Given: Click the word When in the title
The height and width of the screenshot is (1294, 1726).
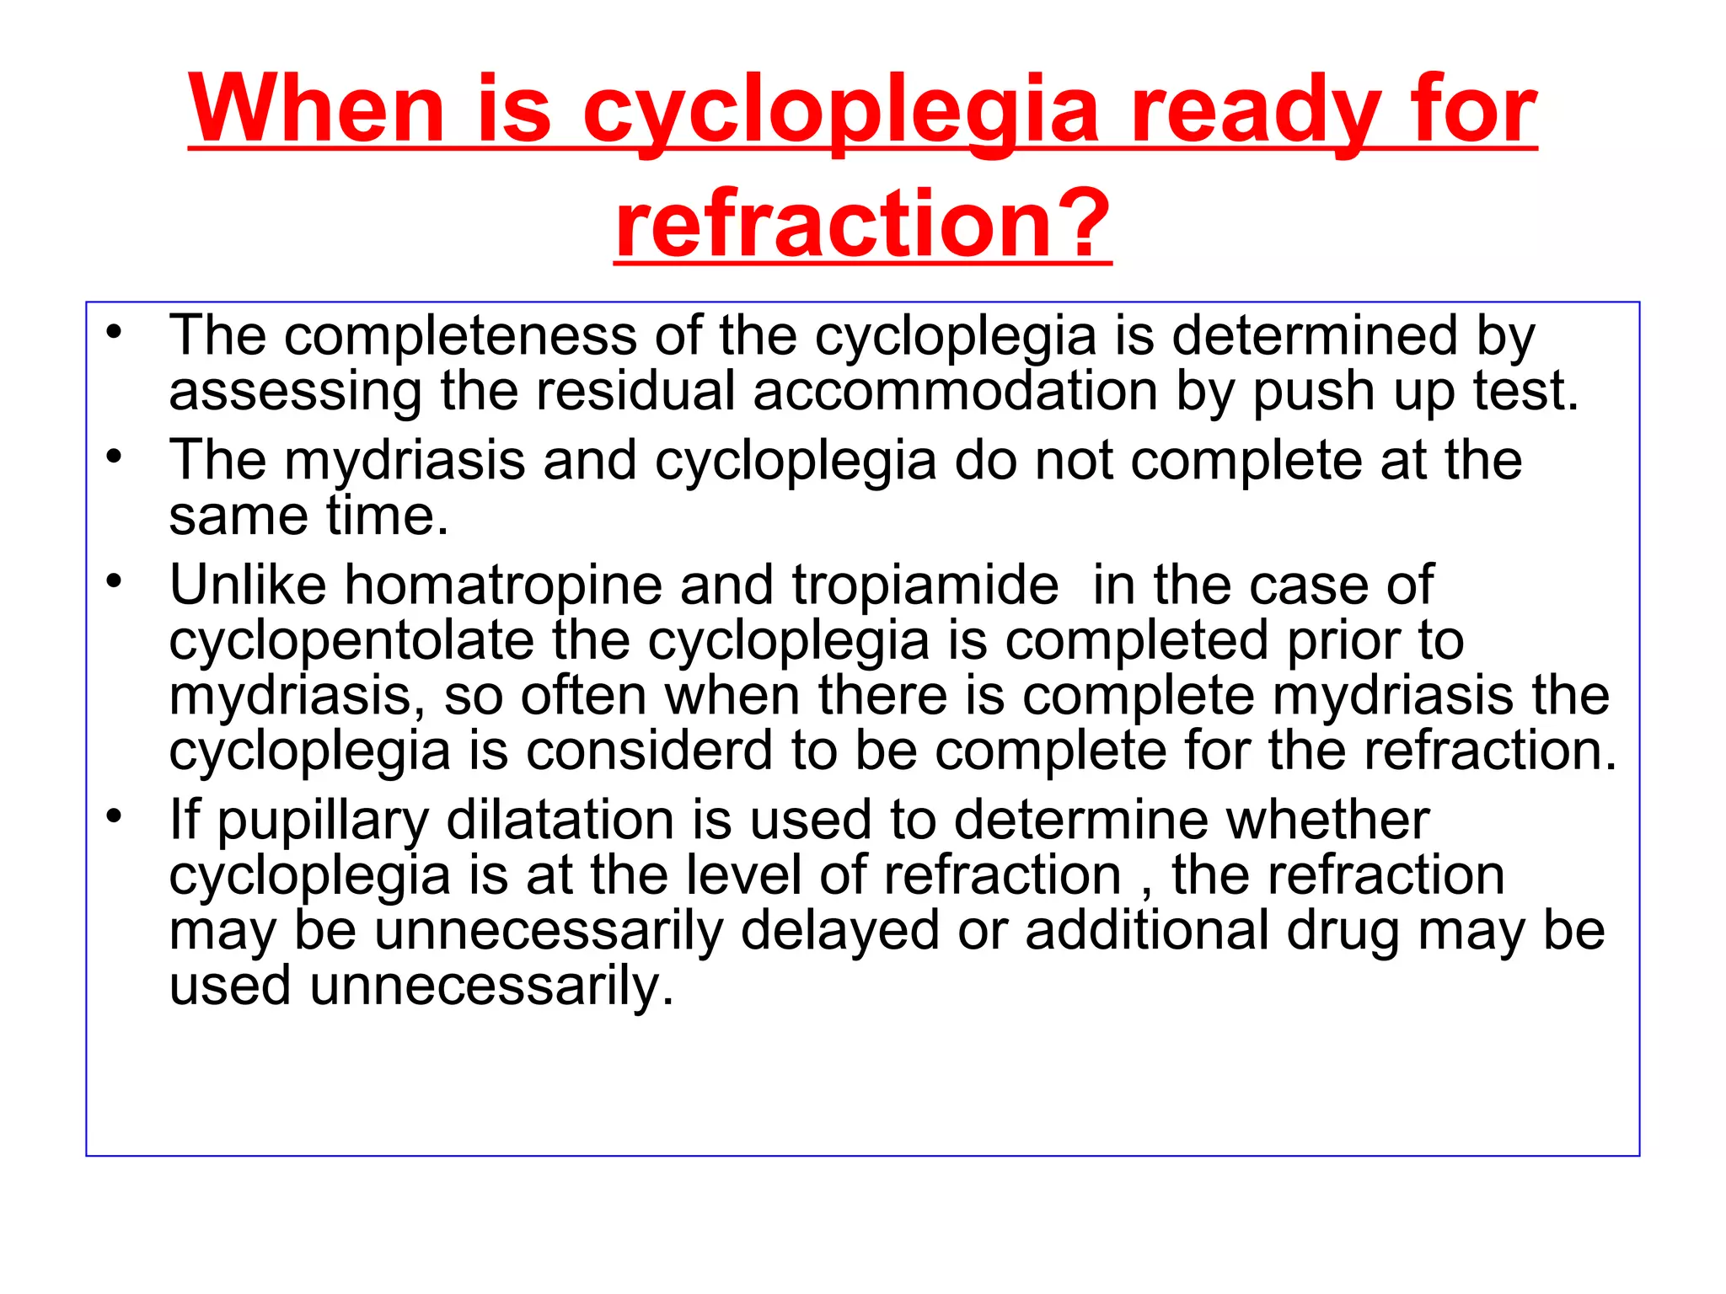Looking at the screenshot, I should tap(316, 110).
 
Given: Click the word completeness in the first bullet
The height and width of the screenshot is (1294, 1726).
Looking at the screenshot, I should tap(460, 336).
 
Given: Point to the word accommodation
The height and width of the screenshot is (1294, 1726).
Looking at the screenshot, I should tap(955, 392).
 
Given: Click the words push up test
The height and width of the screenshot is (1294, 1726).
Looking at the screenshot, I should tap(1415, 392).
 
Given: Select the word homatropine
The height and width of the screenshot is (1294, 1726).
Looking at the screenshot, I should tap(503, 585).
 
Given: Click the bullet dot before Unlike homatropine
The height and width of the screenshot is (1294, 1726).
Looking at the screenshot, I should tap(115, 581).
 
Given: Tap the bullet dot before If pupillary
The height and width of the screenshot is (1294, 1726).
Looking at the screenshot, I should tap(115, 816).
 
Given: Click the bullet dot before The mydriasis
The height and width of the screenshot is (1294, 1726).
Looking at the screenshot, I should tap(115, 457).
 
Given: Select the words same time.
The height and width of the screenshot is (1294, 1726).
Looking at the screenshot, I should tap(308, 516).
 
